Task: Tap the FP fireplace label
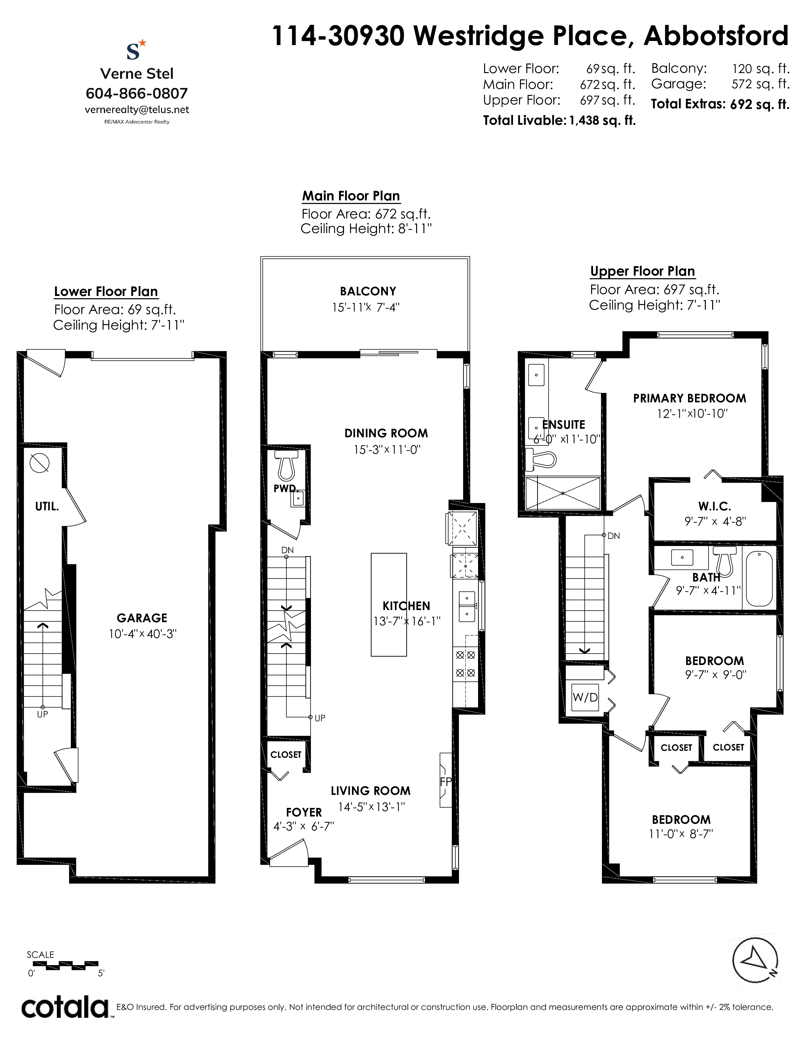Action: point(446,782)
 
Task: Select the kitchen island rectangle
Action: point(389,605)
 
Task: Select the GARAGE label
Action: point(142,618)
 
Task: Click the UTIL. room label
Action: point(47,506)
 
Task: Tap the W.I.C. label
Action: point(714,506)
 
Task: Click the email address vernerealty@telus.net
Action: point(137,110)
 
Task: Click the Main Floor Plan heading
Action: point(351,196)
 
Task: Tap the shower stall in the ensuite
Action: point(563,493)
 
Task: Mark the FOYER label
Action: point(304,812)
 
